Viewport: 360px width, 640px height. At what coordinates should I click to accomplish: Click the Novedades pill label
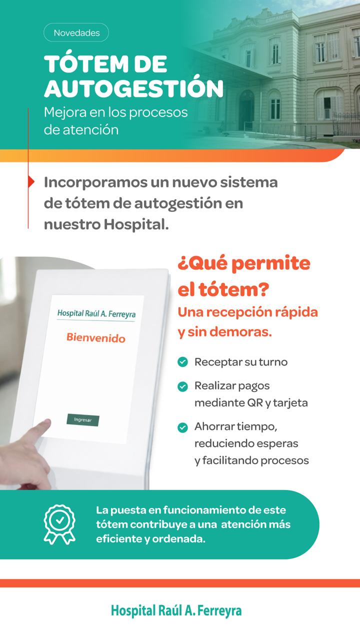click(76, 33)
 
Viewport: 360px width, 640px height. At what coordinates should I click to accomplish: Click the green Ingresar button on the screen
click(83, 419)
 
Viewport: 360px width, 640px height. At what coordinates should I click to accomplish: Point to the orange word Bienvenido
click(96, 337)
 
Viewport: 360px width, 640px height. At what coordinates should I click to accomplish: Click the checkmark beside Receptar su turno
click(182, 362)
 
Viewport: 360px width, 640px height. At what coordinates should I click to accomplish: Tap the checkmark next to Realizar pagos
click(182, 386)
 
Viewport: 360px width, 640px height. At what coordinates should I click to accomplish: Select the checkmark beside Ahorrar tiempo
click(182, 427)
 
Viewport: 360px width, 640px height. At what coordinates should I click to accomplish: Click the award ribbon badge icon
click(59, 524)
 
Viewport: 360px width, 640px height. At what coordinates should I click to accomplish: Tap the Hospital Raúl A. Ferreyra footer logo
click(176, 610)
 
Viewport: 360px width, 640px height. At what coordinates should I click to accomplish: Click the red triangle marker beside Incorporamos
click(31, 181)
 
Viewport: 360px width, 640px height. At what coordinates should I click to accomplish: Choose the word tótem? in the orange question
click(233, 289)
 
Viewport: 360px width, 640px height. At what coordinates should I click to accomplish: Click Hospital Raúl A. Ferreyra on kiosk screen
click(96, 313)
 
